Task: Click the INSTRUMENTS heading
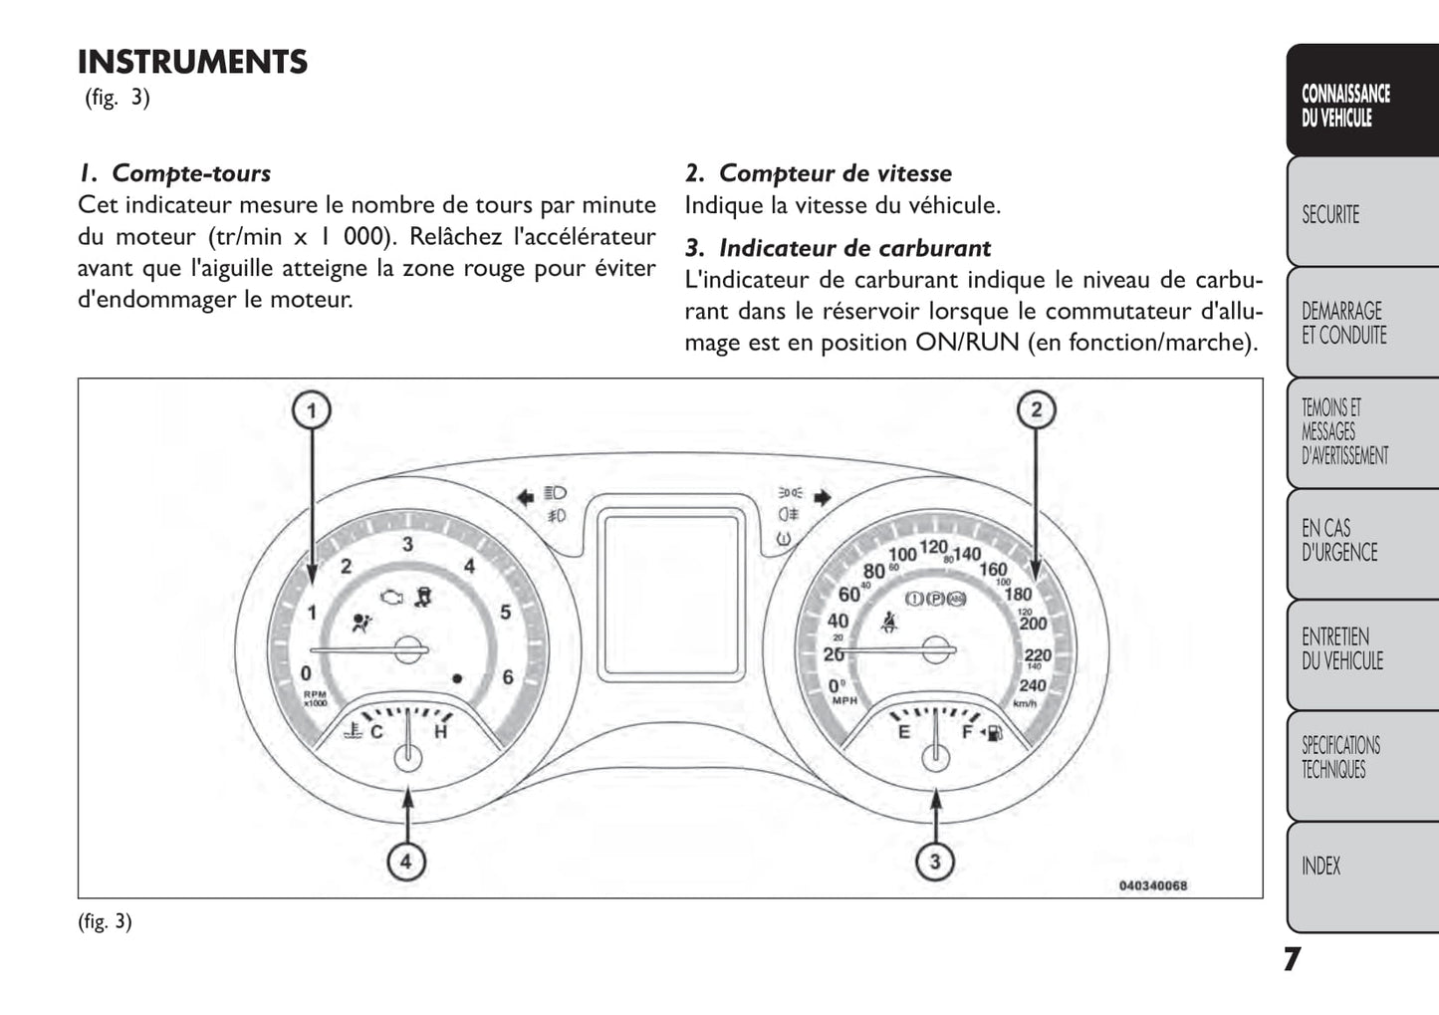pos(192,62)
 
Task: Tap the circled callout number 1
pos(311,410)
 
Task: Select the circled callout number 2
pos(1036,409)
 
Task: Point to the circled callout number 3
pos(934,861)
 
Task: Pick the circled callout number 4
pos(405,861)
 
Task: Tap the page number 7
pos(1291,959)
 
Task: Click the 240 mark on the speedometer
pos(1033,685)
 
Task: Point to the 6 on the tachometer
pos(508,677)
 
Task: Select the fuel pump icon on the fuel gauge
pos(993,734)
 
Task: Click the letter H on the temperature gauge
pos(441,732)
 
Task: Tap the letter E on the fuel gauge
pos(904,732)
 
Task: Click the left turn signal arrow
pos(525,497)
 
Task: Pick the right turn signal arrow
pos(822,497)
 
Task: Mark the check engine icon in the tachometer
pos(392,597)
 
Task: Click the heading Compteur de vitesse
pos(835,173)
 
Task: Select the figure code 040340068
pos(1152,886)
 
